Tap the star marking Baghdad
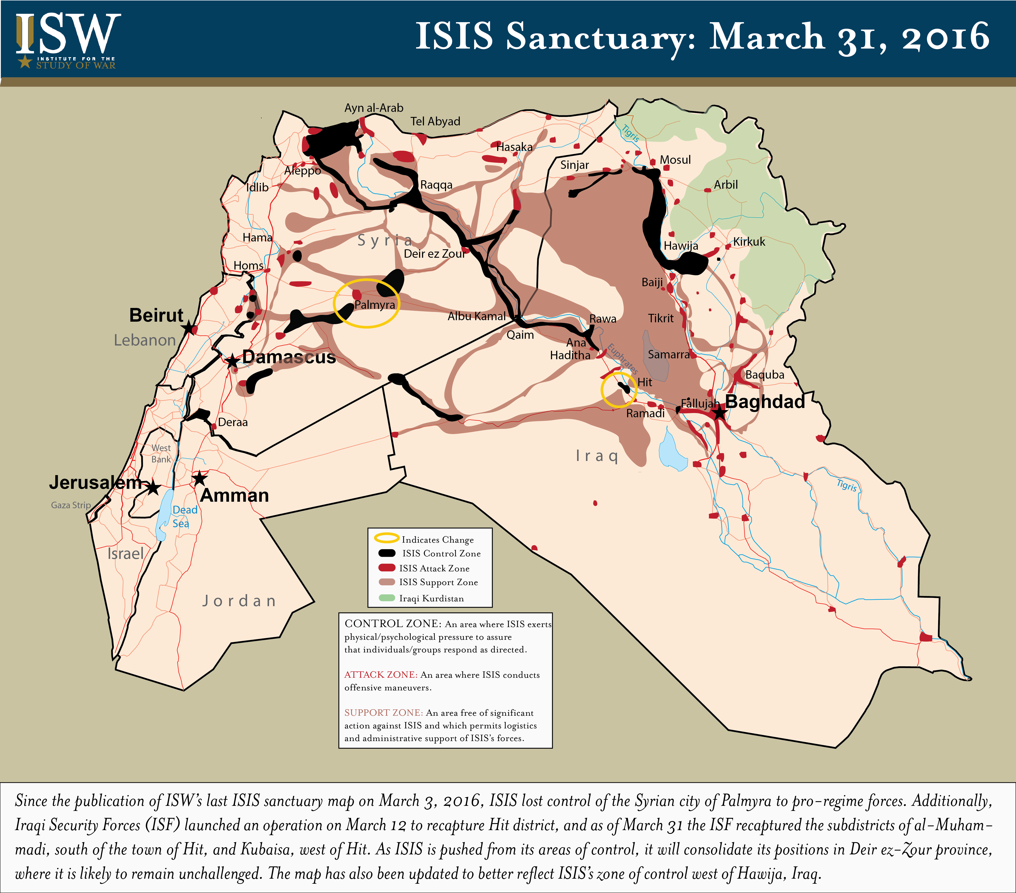click(x=719, y=412)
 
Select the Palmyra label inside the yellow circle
click(x=375, y=305)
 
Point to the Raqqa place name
click(x=436, y=185)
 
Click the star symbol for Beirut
click(x=188, y=328)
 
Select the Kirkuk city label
click(x=749, y=242)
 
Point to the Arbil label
click(x=726, y=184)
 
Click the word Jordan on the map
click(x=239, y=601)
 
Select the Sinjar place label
click(x=575, y=165)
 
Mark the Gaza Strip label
click(x=71, y=505)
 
